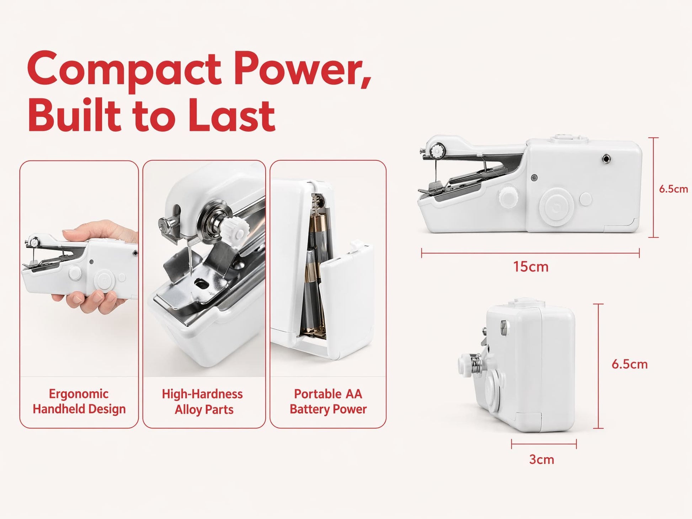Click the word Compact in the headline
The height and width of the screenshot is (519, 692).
[x=124, y=70]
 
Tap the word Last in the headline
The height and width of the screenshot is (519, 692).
[x=231, y=114]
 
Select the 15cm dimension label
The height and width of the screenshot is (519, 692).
[x=531, y=267]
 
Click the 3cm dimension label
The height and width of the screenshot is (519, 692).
[x=541, y=459]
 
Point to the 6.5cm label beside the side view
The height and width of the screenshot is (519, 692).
[x=673, y=189]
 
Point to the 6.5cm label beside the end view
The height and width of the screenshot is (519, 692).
[x=629, y=364]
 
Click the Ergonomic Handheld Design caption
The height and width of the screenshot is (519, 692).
[x=79, y=401]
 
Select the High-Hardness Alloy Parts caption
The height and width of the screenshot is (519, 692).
[x=203, y=402]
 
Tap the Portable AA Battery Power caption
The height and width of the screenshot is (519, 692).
[x=328, y=401]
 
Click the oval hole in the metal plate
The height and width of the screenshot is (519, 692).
[x=201, y=283]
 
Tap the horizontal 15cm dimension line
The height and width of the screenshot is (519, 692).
[x=530, y=253]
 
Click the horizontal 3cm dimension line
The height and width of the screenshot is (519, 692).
[x=544, y=444]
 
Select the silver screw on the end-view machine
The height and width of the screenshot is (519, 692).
[x=504, y=324]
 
